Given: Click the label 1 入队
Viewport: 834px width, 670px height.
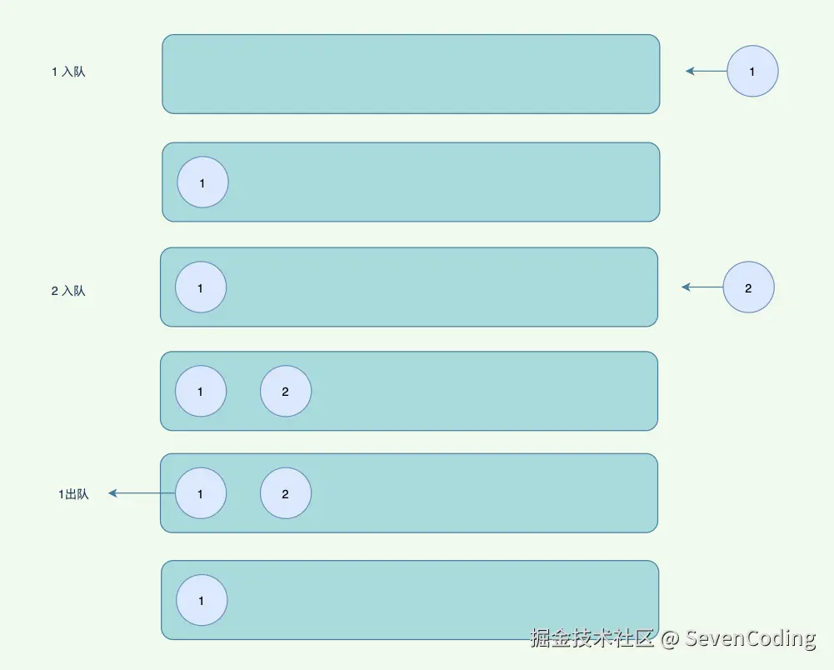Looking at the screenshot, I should point(68,72).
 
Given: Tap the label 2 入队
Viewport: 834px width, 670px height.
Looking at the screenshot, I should point(68,292).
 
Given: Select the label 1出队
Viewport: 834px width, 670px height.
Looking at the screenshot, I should point(73,495).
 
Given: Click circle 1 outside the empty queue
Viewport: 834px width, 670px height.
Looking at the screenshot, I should point(752,72).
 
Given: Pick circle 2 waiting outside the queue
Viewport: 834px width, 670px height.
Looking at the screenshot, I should point(748,287).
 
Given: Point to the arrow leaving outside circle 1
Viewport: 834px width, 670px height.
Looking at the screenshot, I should point(706,72).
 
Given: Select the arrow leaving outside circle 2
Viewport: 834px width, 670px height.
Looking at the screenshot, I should point(702,287).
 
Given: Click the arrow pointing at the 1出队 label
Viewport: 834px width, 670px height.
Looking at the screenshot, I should point(142,493).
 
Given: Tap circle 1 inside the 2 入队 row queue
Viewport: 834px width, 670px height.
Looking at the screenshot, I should point(201,287).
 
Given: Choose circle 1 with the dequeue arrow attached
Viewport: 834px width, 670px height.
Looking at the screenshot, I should point(201,493).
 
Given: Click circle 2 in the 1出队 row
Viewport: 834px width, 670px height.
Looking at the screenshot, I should point(286,493).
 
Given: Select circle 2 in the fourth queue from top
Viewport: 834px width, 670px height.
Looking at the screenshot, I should point(286,391).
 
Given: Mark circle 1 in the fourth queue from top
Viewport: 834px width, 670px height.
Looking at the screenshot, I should point(201,391).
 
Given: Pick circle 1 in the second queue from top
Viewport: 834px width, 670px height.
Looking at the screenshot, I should point(202,182).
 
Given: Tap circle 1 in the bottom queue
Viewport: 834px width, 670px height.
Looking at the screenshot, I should point(202,600).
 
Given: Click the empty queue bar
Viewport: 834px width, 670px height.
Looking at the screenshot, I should point(411,74).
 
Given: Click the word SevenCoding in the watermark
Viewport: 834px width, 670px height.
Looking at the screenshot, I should point(750,638).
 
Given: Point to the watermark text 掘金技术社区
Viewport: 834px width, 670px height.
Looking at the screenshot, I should point(592,638).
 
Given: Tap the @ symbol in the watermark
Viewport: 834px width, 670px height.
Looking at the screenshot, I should point(670,639).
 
